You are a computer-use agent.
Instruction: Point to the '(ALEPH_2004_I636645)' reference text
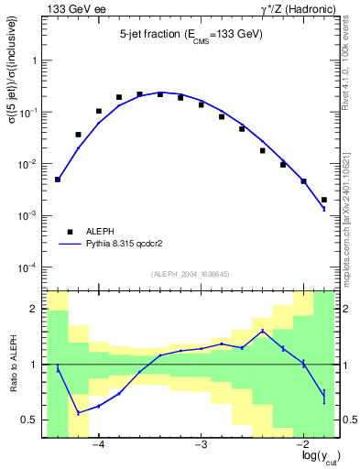tap(189, 273)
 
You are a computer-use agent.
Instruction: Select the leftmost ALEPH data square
tap(58, 180)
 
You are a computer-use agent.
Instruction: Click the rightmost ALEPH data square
tap(324, 200)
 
